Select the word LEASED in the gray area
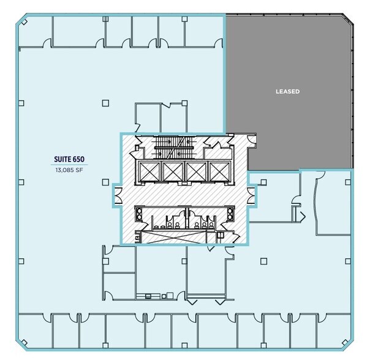[x=287, y=92]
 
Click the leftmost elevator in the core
[x=149, y=172]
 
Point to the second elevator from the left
[x=172, y=172]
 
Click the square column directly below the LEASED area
[x=263, y=182]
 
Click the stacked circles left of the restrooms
[x=140, y=215]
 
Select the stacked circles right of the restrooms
[x=230, y=215]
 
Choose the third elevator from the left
[x=196, y=172]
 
